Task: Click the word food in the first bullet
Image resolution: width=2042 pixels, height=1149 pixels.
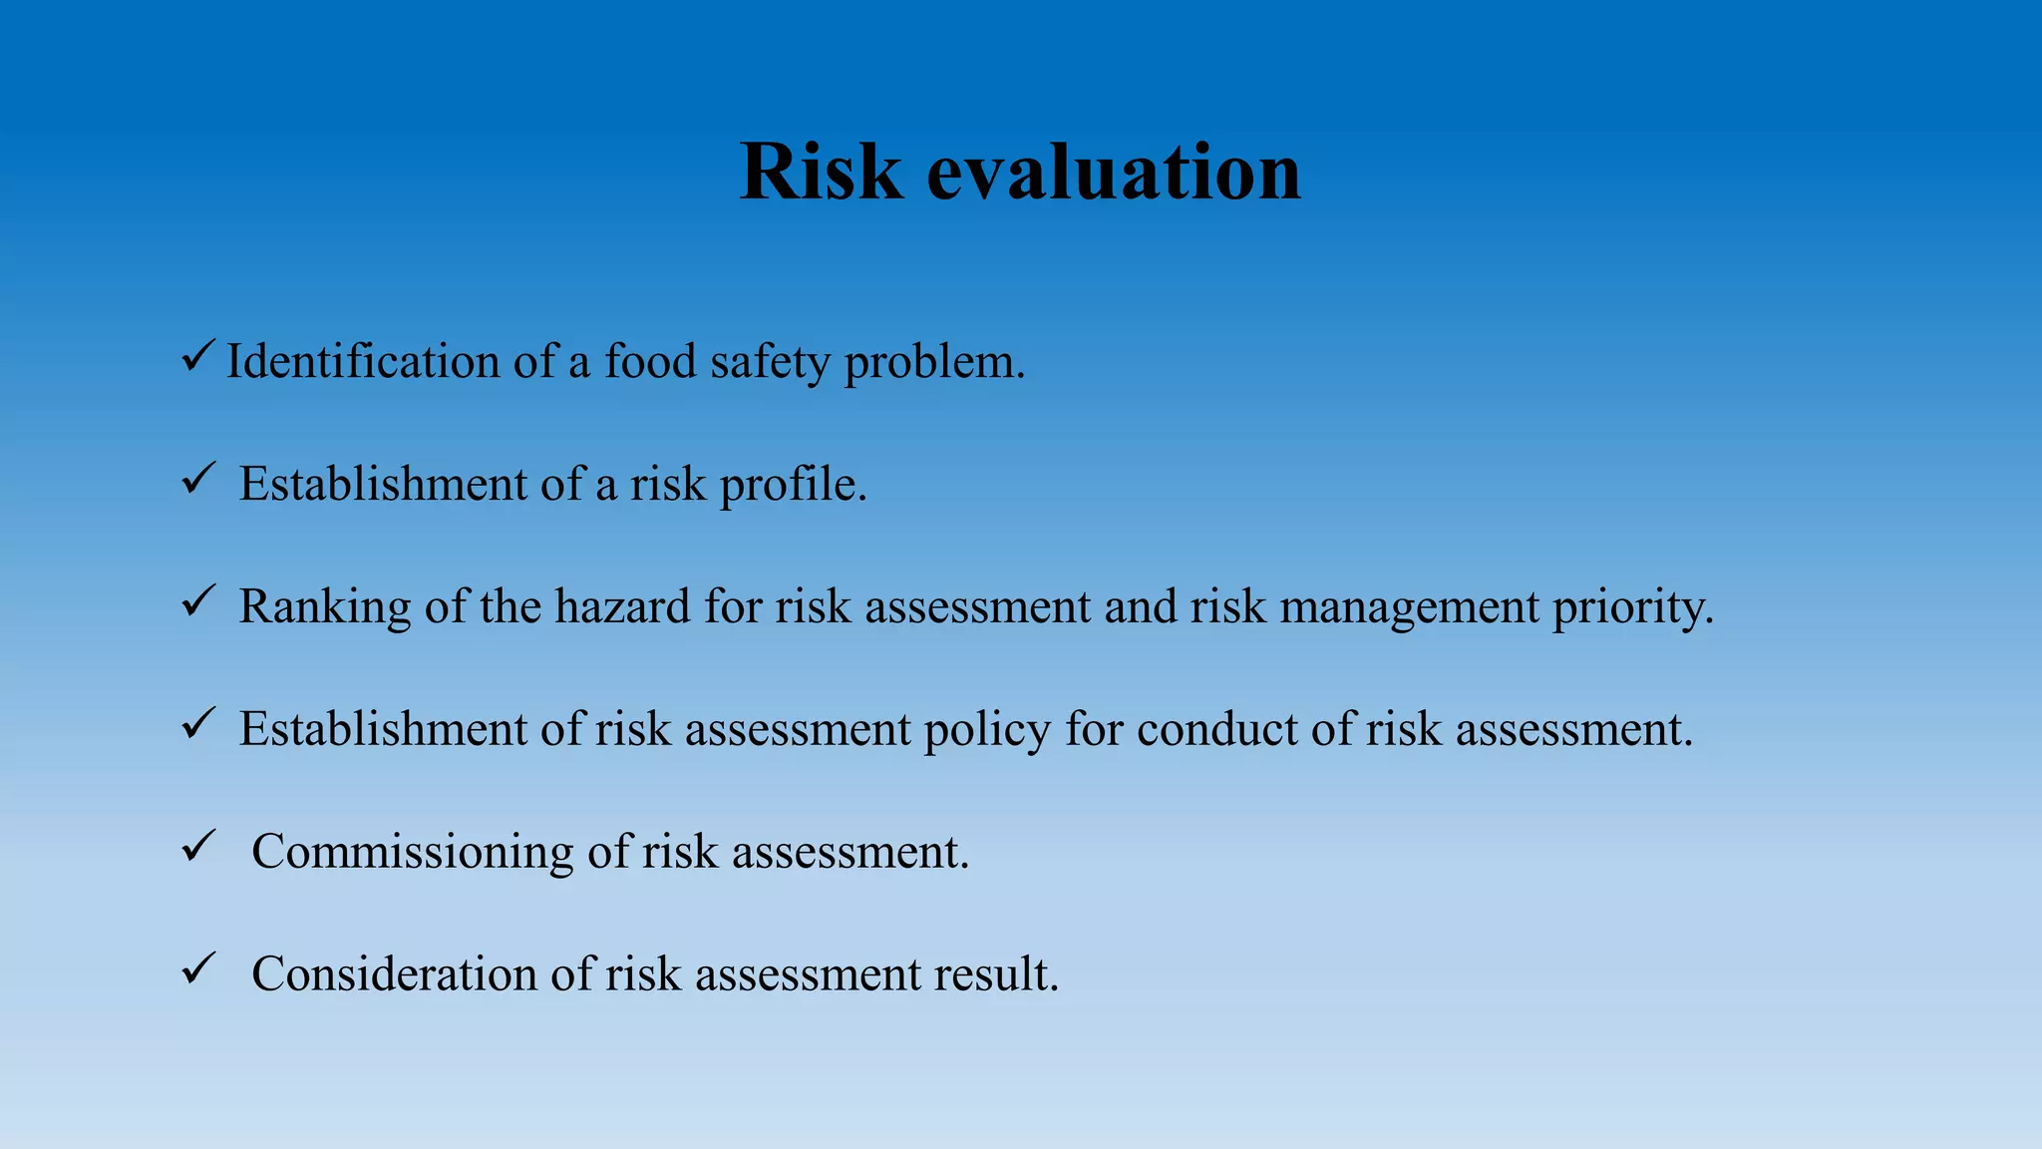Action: coord(650,361)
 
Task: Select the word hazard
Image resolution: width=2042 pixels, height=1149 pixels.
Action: coord(622,606)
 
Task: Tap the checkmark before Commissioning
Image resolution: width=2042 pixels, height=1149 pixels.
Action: coord(197,847)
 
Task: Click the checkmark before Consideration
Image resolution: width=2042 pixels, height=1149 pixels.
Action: coord(197,968)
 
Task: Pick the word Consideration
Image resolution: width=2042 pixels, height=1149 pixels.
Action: coord(394,974)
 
